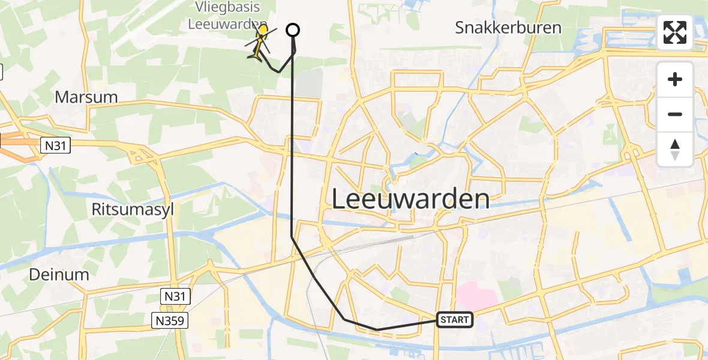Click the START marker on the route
click(455, 320)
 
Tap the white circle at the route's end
click(293, 29)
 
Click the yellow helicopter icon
click(260, 42)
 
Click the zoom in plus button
click(675, 79)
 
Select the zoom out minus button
click(675, 114)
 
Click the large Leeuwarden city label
click(410, 199)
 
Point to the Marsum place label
click(86, 97)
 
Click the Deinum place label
click(59, 275)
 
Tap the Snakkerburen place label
click(508, 28)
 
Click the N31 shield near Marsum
click(56, 145)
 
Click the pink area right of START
click(477, 297)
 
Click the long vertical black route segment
click(292, 150)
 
